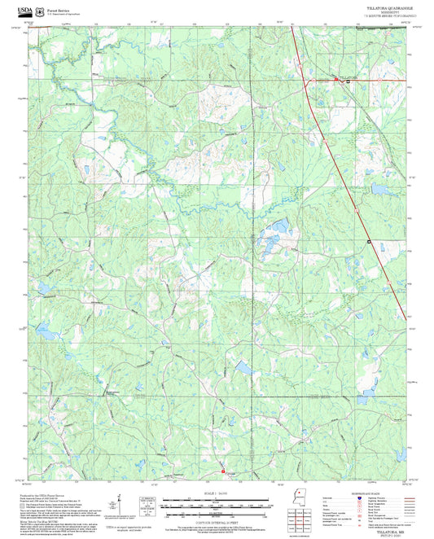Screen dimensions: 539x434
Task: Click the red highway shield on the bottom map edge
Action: coord(222,471)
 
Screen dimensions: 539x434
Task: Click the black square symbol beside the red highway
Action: coord(368,242)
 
